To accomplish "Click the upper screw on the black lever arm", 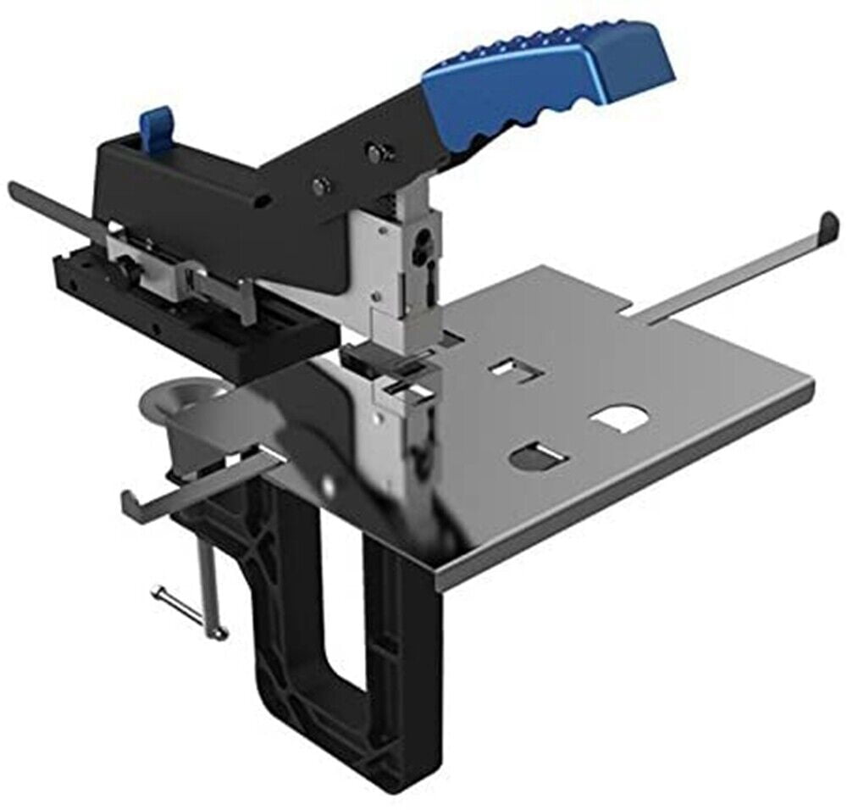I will coord(374,152).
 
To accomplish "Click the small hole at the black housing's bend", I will coord(265,201).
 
